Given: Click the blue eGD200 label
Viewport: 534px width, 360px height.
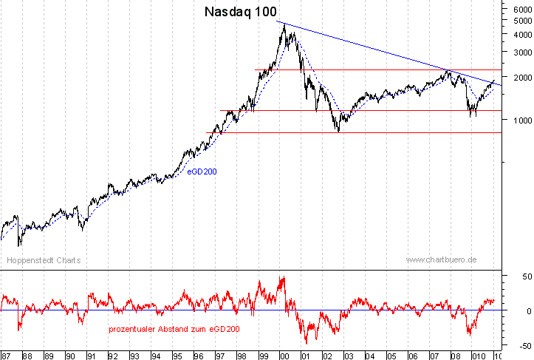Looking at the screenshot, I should point(202,171).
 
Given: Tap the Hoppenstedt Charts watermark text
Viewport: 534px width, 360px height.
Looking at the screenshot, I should point(44,261).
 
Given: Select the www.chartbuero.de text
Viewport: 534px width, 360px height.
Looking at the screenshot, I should point(441,261).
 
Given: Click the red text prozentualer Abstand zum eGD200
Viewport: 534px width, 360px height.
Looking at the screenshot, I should point(174,328).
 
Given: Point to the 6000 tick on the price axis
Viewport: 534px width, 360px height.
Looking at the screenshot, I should point(521,9).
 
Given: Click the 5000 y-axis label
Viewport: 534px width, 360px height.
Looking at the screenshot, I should point(521,21).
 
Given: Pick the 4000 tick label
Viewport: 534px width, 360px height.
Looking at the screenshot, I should point(521,34).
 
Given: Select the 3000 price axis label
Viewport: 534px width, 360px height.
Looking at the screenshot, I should point(521,52).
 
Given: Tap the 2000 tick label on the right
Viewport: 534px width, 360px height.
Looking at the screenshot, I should point(521,78).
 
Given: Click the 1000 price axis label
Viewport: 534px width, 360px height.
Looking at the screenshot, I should point(521,120).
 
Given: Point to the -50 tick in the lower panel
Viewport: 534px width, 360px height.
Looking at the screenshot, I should point(522,345).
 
